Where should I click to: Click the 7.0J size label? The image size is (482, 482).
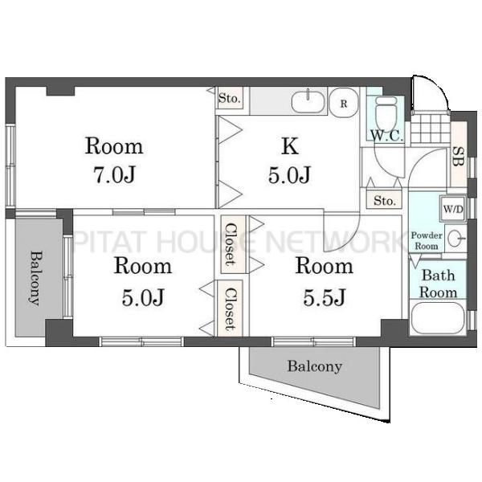point(114,175)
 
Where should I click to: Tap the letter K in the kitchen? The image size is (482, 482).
point(290,146)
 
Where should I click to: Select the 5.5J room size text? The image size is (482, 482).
point(325,297)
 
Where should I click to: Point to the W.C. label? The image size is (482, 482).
point(386,136)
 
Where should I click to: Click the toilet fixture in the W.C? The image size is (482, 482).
point(386,112)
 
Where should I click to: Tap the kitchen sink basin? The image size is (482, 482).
point(308,102)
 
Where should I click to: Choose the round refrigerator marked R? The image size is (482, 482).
point(343,103)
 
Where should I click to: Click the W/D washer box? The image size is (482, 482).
point(452,209)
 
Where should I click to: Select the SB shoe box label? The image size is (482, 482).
point(458,157)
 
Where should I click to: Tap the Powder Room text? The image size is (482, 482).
point(427,241)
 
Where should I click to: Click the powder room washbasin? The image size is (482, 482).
point(455,239)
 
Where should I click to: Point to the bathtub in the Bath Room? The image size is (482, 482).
point(438,318)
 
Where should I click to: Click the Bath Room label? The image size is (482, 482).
point(438,284)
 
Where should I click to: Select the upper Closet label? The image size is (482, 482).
point(231,244)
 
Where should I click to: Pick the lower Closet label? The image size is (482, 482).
point(231,309)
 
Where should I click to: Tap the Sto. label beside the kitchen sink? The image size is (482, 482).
point(229,98)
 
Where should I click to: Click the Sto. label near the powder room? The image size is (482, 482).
point(384,201)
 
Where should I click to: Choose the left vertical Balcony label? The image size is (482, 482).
point(36,279)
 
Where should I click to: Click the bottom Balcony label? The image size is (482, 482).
point(314,366)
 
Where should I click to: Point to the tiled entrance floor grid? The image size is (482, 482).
point(431,129)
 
